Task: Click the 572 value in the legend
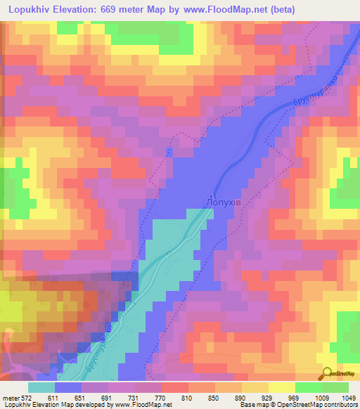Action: (x=24, y=398)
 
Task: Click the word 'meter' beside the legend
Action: (x=9, y=398)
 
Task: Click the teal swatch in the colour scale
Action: (x=41, y=387)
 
